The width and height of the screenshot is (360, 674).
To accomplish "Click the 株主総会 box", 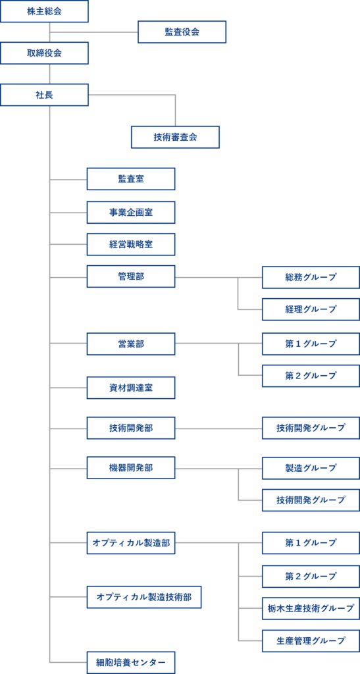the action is tap(44, 11).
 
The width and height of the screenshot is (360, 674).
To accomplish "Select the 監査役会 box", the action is tap(182, 32).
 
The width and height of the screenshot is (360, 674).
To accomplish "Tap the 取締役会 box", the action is tap(44, 53).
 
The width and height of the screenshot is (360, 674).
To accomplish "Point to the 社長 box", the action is tap(44, 95).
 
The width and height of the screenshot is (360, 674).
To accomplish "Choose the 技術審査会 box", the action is tap(175, 137).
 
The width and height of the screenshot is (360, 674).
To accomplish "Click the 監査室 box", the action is tap(131, 179).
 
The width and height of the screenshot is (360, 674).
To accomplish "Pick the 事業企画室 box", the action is tap(131, 213).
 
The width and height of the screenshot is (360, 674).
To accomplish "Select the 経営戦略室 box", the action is tap(131, 245).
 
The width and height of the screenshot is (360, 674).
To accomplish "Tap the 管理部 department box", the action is tap(131, 276).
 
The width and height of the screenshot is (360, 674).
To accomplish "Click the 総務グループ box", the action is tap(311, 277).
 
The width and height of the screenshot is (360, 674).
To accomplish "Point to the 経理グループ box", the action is tap(311, 309).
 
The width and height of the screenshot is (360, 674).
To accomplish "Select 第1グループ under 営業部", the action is tap(311, 344).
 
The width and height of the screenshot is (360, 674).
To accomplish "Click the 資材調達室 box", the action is tap(131, 388).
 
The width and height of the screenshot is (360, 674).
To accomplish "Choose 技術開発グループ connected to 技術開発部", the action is tap(311, 428).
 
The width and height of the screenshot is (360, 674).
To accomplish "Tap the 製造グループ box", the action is tap(311, 468).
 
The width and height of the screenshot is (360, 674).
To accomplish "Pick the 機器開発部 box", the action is tap(131, 468).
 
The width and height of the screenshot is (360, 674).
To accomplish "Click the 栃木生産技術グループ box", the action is tap(311, 608).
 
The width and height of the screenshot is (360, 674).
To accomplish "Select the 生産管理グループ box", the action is tap(311, 640).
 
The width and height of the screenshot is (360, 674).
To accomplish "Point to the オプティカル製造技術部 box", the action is tap(144, 597).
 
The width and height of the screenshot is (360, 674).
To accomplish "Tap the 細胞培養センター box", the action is tap(131, 662).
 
